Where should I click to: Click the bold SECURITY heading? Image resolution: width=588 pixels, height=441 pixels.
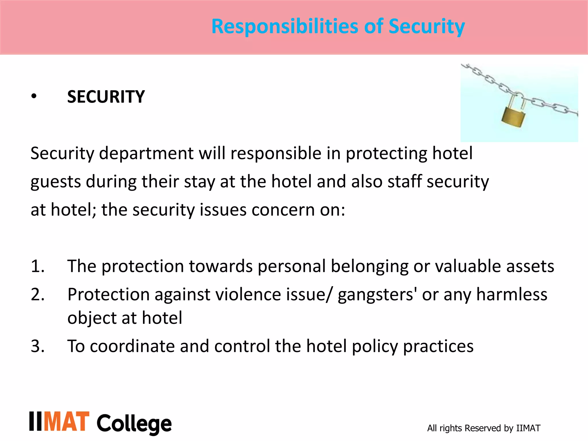coord(106,97)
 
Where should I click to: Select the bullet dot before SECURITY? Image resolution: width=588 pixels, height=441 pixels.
coord(34,97)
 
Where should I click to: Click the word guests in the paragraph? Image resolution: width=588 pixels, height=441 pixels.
coord(56,182)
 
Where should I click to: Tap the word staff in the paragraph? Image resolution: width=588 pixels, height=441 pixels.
coord(405,181)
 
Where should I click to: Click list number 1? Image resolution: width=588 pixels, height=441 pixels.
coord(38,266)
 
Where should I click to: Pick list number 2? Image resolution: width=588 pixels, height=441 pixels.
coord(38,295)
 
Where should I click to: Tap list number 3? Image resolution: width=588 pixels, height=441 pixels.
coord(38,346)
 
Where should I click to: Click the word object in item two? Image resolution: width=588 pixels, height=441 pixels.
coord(92,318)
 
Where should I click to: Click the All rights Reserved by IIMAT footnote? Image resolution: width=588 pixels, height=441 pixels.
coord(483,428)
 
